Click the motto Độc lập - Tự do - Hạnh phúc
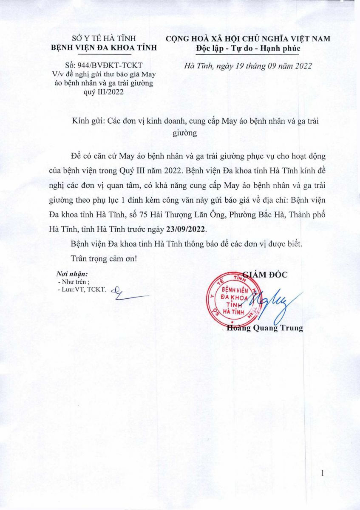pyautogui.click(x=248, y=48)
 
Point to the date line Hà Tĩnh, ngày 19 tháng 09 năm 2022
pyautogui.click(x=249, y=66)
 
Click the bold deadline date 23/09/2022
pyautogui.click(x=185, y=229)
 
